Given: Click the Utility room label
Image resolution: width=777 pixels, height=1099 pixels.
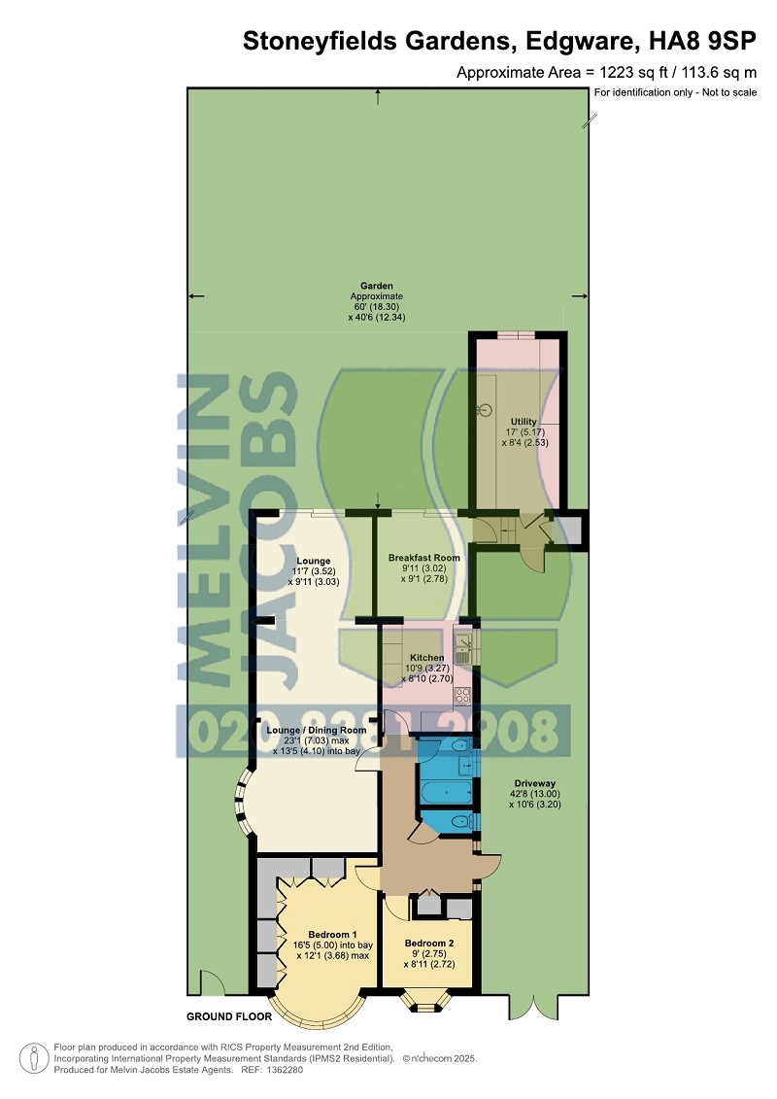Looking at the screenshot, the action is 524,422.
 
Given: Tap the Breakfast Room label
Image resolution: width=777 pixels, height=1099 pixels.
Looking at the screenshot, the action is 423,558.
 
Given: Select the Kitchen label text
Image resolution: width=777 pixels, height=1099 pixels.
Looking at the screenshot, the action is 426,658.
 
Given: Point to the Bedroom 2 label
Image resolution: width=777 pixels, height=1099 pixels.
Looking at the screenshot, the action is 428,944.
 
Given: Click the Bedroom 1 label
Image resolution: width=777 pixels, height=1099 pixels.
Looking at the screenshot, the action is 333,934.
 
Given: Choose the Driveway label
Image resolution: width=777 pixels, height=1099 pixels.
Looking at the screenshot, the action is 534,783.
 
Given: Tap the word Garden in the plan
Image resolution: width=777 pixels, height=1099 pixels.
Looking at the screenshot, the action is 376,286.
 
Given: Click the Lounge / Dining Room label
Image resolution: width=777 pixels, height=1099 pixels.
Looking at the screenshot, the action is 316,730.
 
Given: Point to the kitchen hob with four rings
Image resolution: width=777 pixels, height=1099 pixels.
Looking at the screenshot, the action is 463,696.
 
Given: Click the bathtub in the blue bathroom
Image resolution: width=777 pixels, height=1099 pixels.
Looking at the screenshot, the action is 447,791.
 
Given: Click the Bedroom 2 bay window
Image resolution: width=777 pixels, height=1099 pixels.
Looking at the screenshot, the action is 425,1001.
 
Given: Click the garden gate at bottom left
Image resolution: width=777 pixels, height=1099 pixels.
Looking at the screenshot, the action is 213,982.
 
